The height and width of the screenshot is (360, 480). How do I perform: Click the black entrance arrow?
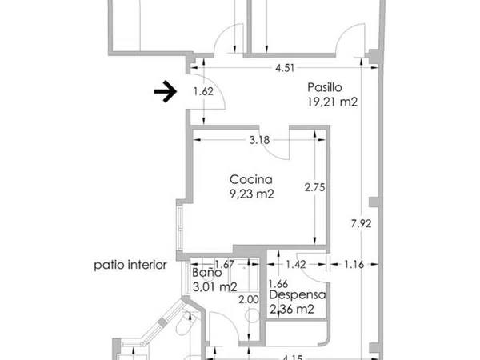click(x=166, y=91)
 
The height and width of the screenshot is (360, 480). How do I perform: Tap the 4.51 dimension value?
click(x=285, y=68)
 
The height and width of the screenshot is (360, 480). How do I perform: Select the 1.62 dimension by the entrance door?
click(x=203, y=91)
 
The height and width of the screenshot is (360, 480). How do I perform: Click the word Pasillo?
click(x=325, y=87)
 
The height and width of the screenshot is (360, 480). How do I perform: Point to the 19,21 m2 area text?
click(x=333, y=102)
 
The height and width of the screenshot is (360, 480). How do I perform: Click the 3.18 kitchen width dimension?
click(x=259, y=140)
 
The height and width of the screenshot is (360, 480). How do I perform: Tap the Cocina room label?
click(x=251, y=179)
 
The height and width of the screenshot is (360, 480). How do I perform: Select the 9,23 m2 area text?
click(x=252, y=194)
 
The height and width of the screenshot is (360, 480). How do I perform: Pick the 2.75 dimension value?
click(x=314, y=187)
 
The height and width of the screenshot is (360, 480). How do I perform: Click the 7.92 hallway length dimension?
click(x=362, y=224)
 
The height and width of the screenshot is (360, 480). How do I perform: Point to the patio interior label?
click(x=130, y=265)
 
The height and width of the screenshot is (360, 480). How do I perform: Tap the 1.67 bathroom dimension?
click(x=224, y=264)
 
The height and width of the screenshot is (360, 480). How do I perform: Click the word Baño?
click(x=207, y=273)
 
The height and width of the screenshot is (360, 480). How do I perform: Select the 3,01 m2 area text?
click(x=215, y=287)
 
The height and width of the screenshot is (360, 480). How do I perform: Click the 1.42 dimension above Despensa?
click(x=296, y=264)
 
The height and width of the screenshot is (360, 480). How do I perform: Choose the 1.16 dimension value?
click(x=354, y=264)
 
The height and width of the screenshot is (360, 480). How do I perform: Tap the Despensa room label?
click(x=298, y=294)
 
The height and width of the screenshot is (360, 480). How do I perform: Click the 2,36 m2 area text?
click(x=292, y=309)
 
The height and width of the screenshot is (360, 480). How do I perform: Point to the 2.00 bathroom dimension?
click(x=249, y=300)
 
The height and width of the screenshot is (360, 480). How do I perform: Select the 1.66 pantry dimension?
click(x=278, y=284)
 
